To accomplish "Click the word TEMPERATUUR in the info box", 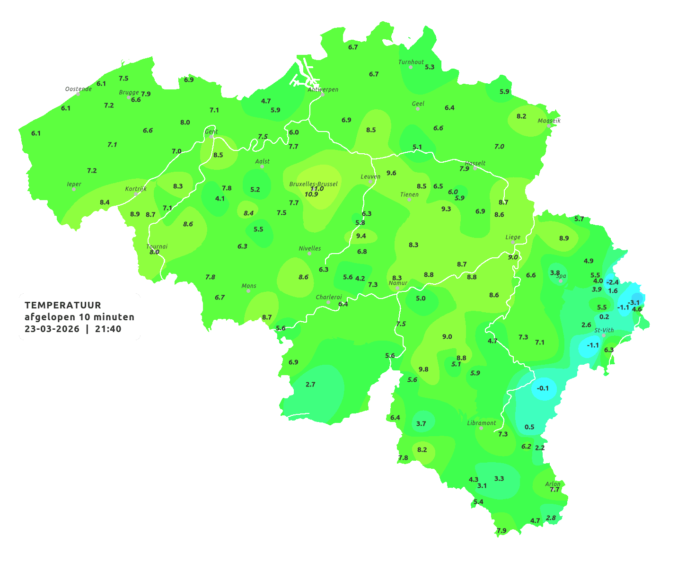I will [x=63, y=305].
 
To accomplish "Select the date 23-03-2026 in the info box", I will [x=52, y=329].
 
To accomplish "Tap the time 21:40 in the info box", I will [x=108, y=329].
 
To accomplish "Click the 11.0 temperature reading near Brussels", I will [x=317, y=188].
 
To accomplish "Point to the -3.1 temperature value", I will [x=633, y=303].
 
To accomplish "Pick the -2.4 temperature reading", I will [x=612, y=282].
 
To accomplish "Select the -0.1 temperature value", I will [x=543, y=388].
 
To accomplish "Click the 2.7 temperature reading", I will [x=310, y=384].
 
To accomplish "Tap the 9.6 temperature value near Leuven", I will [x=391, y=173].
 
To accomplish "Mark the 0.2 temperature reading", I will [x=604, y=316].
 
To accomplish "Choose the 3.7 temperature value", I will [x=421, y=423].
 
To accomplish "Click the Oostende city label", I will [x=79, y=89].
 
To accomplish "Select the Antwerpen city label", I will [x=323, y=89].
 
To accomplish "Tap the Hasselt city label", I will [x=475, y=163].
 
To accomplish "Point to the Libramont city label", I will [x=482, y=423].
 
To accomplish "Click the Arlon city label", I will [x=553, y=483].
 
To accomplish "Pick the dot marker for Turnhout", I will [x=411, y=67].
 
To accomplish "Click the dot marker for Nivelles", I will [x=309, y=254].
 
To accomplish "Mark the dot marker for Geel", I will [x=418, y=109].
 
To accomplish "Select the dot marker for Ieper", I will [x=74, y=189].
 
